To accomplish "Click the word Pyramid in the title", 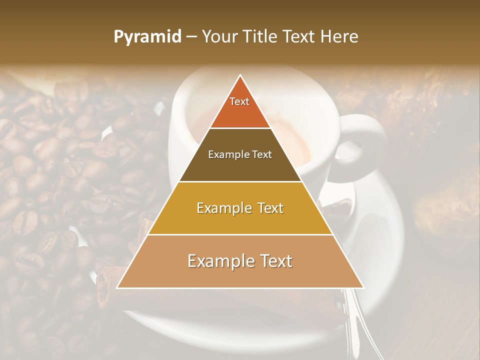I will click(147, 37).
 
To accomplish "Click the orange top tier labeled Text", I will click(240, 107).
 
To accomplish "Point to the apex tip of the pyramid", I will click(240, 76).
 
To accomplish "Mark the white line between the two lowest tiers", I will click(240, 235).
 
